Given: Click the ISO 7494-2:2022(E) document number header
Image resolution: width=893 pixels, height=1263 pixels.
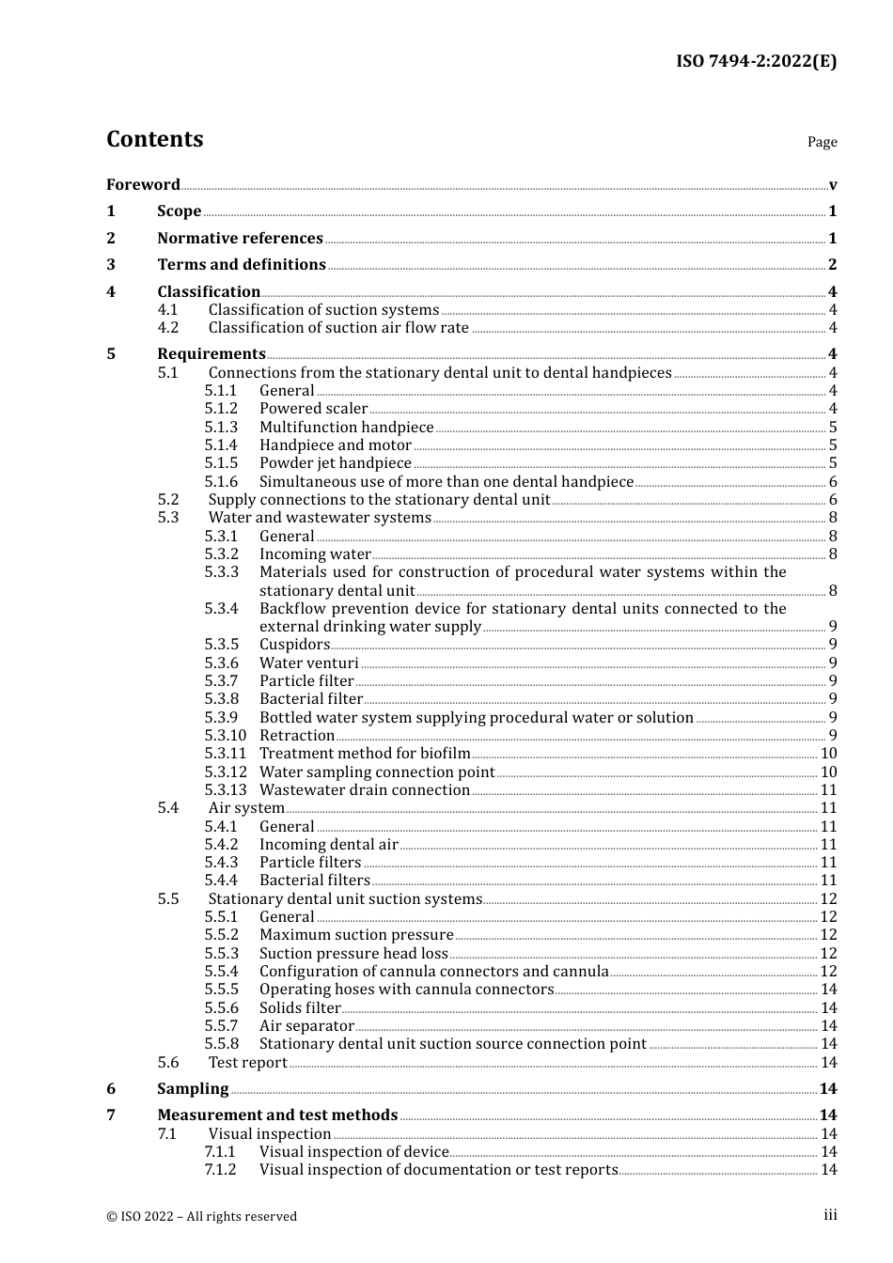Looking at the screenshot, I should pyautogui.click(x=756, y=61).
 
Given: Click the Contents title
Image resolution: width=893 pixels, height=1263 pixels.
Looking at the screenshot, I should pyautogui.click(x=154, y=139).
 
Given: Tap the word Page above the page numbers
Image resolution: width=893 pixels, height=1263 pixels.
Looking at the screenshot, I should pyautogui.click(x=822, y=142).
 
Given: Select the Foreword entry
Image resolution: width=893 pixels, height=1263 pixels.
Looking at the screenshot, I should pyautogui.click(x=143, y=184).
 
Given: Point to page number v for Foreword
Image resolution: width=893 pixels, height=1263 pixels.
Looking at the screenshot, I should pyautogui.click(x=833, y=185).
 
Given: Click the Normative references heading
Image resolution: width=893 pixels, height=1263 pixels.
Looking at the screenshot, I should pyautogui.click(x=240, y=238).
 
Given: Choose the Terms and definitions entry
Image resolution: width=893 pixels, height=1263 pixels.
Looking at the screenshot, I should pyautogui.click(x=242, y=264).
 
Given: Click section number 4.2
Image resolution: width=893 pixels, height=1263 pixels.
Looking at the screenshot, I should pyautogui.click(x=168, y=327).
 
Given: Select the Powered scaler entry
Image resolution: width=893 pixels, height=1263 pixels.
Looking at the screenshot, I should pyautogui.click(x=313, y=408).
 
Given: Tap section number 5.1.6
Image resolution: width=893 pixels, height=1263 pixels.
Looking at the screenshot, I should pyautogui.click(x=221, y=481).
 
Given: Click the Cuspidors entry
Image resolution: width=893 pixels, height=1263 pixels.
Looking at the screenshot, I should pyautogui.click(x=294, y=644).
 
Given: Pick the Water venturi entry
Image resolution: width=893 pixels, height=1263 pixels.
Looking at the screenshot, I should pyautogui.click(x=308, y=663).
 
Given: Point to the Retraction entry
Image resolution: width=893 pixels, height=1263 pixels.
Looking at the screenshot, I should pyautogui.click(x=297, y=735).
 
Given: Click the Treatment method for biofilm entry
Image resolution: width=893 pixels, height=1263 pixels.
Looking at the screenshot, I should pyautogui.click(x=365, y=753).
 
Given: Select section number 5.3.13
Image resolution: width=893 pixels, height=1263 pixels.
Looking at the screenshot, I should pyautogui.click(x=226, y=789).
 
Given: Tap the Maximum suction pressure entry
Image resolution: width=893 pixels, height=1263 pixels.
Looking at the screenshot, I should pyautogui.click(x=356, y=934).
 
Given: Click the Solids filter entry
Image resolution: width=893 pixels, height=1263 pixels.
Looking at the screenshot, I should pyautogui.click(x=300, y=1007).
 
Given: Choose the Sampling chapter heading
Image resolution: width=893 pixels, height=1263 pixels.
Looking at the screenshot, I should pyautogui.click(x=193, y=1088).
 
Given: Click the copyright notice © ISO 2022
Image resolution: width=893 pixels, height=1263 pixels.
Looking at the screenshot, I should pyautogui.click(x=201, y=1216).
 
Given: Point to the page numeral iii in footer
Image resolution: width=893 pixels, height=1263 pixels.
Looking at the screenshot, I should pyautogui.click(x=830, y=1215).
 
